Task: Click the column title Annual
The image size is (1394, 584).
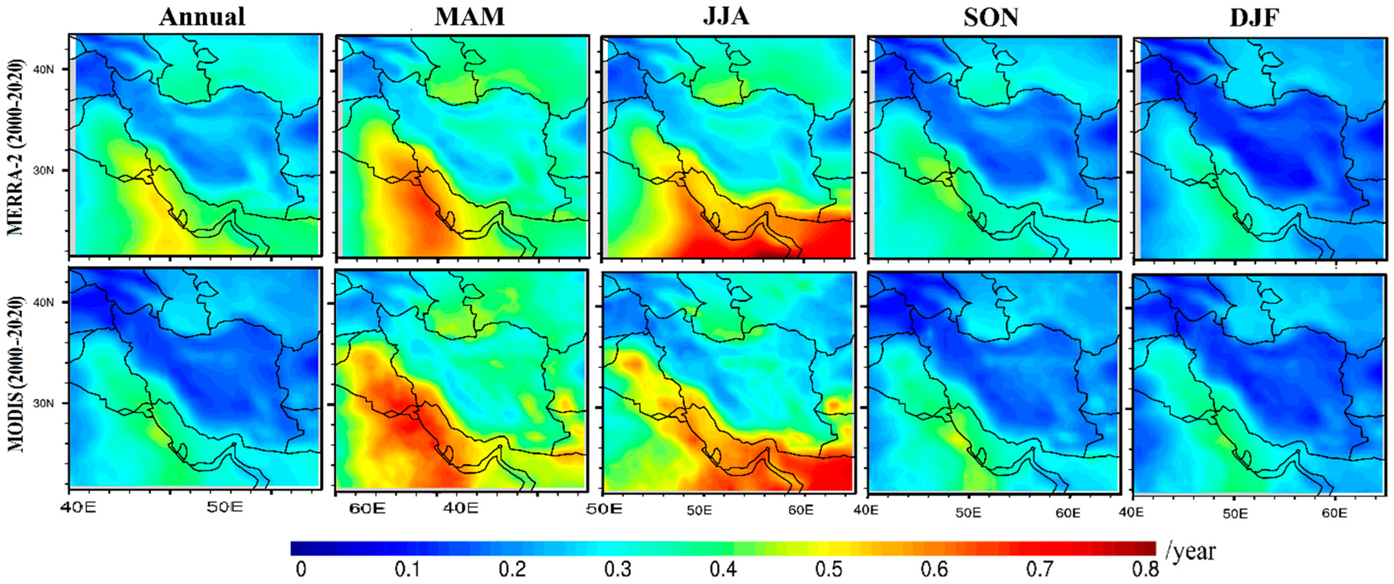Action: pyautogui.click(x=202, y=16)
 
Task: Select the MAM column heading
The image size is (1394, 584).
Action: pyautogui.click(x=469, y=16)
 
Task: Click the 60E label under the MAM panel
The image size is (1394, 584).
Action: pyautogui.click(x=367, y=509)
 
